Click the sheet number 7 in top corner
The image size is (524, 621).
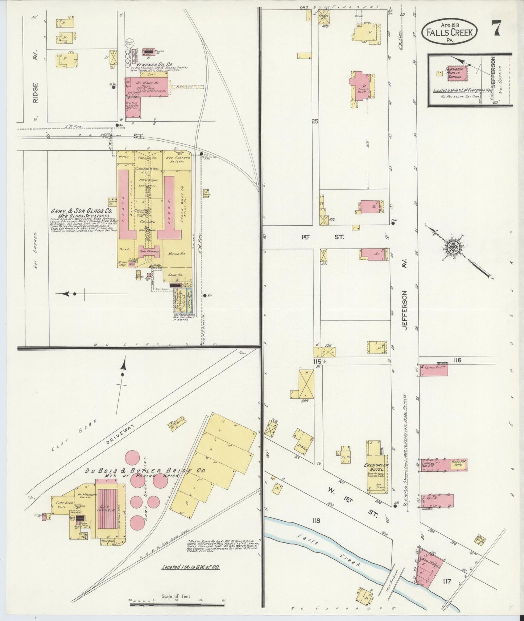pos(496,28)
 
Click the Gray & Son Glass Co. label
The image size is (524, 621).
pos(81,211)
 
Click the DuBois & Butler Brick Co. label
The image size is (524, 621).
pos(145,471)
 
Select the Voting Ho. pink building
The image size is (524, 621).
pos(433,370)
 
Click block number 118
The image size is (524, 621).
pos(315,520)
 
